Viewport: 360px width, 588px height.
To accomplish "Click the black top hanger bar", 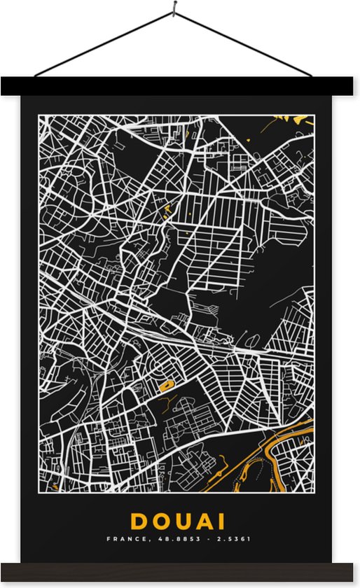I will coord(180,86).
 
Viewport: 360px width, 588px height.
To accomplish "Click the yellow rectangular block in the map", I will coord(166,384).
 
